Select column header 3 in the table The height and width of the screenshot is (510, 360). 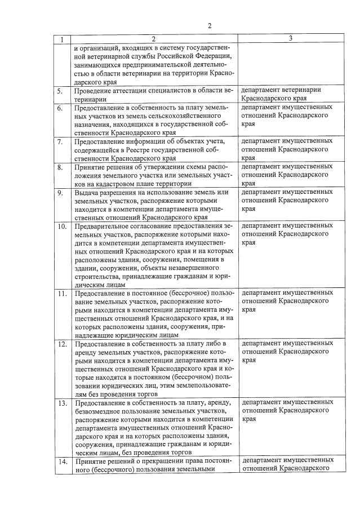[290, 38]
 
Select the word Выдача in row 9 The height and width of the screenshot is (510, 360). [86, 192]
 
